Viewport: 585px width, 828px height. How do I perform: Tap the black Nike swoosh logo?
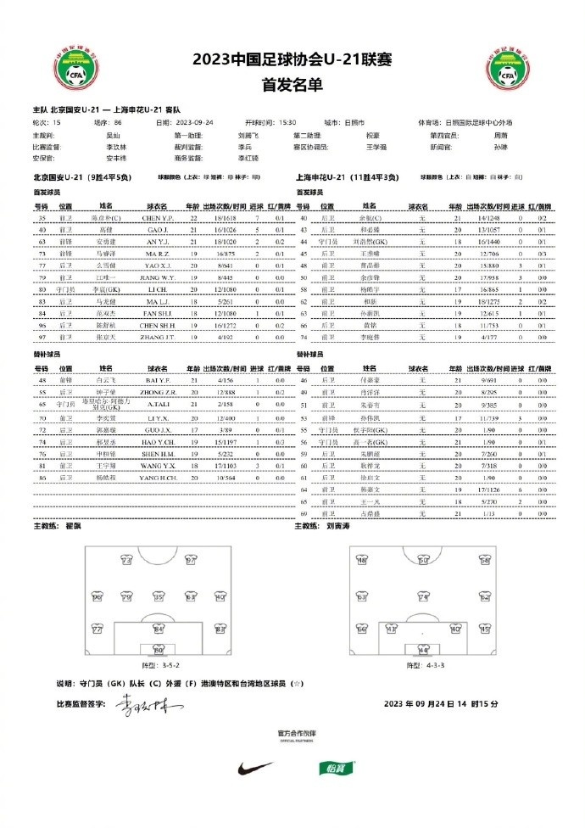[x=257, y=769]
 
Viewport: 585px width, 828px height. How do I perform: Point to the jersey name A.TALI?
[x=159, y=406]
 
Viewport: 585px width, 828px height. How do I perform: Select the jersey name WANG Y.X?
[x=159, y=466]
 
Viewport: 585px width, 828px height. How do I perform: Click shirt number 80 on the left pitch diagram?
[x=158, y=651]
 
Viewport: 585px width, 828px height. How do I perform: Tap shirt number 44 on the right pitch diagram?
[x=423, y=651]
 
